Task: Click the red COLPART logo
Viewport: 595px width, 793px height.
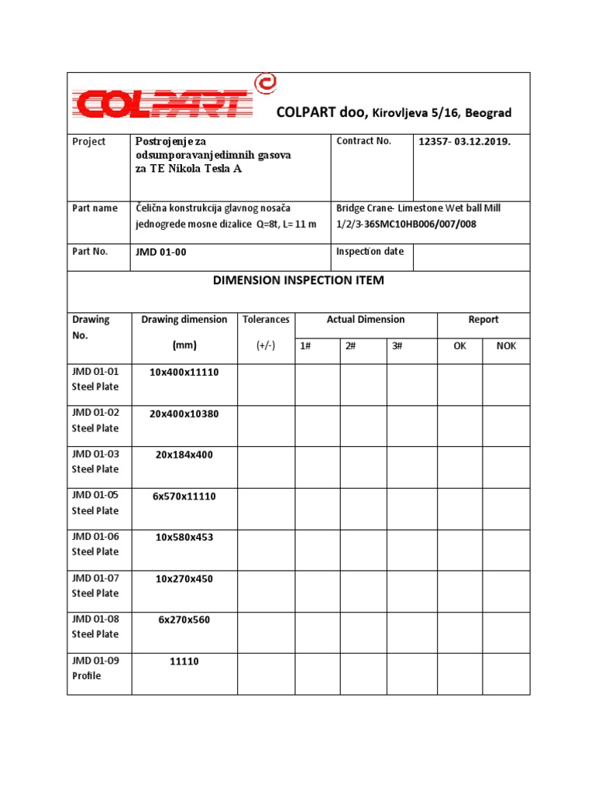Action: [x=170, y=99]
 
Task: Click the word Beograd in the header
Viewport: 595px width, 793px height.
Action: [x=488, y=113]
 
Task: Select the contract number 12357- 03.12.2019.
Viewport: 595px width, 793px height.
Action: [x=464, y=142]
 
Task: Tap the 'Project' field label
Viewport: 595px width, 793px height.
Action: [x=88, y=142]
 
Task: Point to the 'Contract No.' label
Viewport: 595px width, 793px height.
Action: [x=363, y=141]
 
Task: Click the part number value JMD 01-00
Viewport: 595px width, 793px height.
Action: [x=160, y=252]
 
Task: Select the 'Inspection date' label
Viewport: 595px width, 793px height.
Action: [x=370, y=252]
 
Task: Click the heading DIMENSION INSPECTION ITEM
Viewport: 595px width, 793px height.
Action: [x=298, y=280]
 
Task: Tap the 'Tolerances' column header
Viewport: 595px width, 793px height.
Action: [x=266, y=320]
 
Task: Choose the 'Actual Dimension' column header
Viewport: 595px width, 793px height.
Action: [x=366, y=320]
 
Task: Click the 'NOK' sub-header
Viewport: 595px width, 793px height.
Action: [x=506, y=346]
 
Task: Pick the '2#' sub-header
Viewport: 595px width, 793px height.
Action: [x=351, y=346]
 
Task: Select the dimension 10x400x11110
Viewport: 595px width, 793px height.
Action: [x=184, y=372]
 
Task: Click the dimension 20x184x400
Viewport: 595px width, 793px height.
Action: [x=184, y=455]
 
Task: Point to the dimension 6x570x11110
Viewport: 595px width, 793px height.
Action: [x=184, y=496]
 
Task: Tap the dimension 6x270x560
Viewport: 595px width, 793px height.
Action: [x=184, y=620]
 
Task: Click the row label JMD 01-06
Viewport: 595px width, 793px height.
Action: [x=95, y=536]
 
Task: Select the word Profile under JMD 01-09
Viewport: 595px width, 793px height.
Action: [x=87, y=676]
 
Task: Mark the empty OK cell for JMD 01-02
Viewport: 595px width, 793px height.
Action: [x=460, y=426]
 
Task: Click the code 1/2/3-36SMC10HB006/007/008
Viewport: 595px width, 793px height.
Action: [x=407, y=224]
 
